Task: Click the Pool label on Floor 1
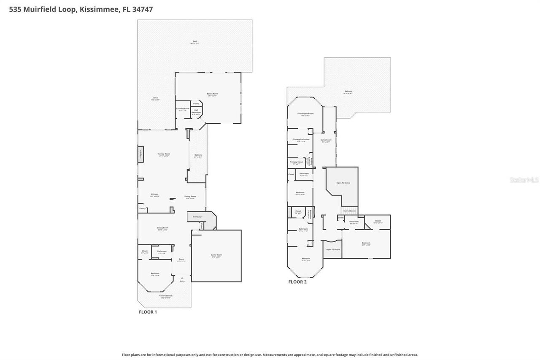point(194,42)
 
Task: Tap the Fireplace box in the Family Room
point(141,154)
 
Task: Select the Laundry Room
point(183,109)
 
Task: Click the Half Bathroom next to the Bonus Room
point(196,111)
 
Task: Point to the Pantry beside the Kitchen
point(142,208)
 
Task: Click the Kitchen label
point(155,195)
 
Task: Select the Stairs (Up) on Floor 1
point(197,217)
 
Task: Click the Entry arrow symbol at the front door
point(182,278)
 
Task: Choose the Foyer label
point(181,260)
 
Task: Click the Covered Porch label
point(166,296)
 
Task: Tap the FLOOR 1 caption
point(148,312)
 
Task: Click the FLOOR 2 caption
point(297,282)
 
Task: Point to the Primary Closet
point(297,162)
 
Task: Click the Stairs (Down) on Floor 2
point(349,210)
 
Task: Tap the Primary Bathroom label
point(301,140)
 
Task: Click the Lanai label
point(155,98)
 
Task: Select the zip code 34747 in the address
point(142,9)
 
